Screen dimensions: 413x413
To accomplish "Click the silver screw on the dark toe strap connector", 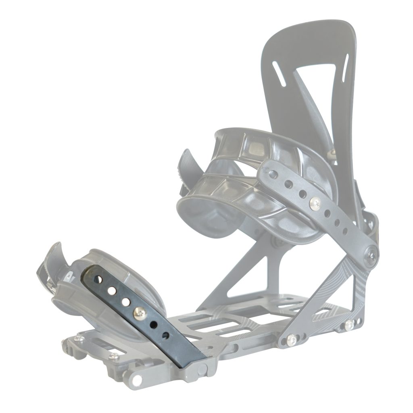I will coord(140,311).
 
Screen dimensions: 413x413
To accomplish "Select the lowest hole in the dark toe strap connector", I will coord(165,335).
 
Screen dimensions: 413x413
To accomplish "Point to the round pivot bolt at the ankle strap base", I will coord(371,254).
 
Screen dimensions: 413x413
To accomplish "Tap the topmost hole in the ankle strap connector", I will coord(274,173).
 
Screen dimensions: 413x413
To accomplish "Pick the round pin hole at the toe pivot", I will coord(137,379).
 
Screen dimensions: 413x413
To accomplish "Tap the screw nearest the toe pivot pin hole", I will coord(114,356).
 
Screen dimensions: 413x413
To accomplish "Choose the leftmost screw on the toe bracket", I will coord(77,338).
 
